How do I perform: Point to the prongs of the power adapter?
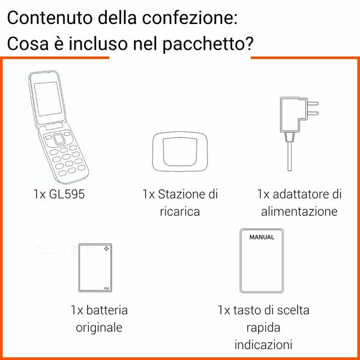pyautogui.click(x=311, y=107)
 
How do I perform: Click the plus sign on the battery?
pyautogui.click(x=107, y=248)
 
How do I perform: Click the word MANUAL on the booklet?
pyautogui.click(x=262, y=237)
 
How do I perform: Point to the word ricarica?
pyautogui.click(x=180, y=212)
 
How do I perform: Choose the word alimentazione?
pyautogui.click(x=299, y=211)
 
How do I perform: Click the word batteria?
pyautogui.click(x=106, y=310)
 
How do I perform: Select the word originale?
pyautogui.click(x=99, y=328)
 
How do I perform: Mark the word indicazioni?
pyautogui.click(x=263, y=345)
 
